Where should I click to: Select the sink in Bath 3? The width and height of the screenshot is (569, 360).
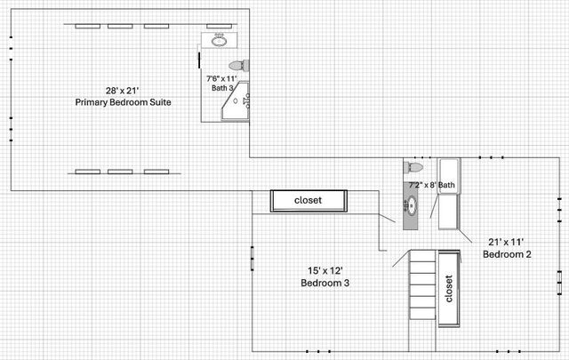[x=219, y=41]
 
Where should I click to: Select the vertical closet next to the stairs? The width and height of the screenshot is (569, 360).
[x=448, y=287]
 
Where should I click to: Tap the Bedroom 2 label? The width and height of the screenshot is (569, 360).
[x=507, y=254]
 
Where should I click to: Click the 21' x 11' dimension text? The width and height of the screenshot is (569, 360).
[x=507, y=242]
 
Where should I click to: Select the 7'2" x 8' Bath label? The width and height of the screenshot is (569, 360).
[x=431, y=185]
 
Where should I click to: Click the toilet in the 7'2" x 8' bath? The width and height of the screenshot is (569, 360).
[x=415, y=167]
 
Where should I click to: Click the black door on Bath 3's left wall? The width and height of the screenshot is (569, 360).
[x=197, y=58]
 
